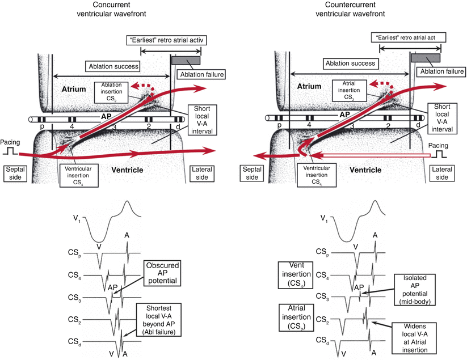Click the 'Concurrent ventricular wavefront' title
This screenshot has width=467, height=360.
point(111,10)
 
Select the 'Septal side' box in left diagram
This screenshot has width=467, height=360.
point(15,173)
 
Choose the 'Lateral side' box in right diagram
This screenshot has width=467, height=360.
point(446,173)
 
